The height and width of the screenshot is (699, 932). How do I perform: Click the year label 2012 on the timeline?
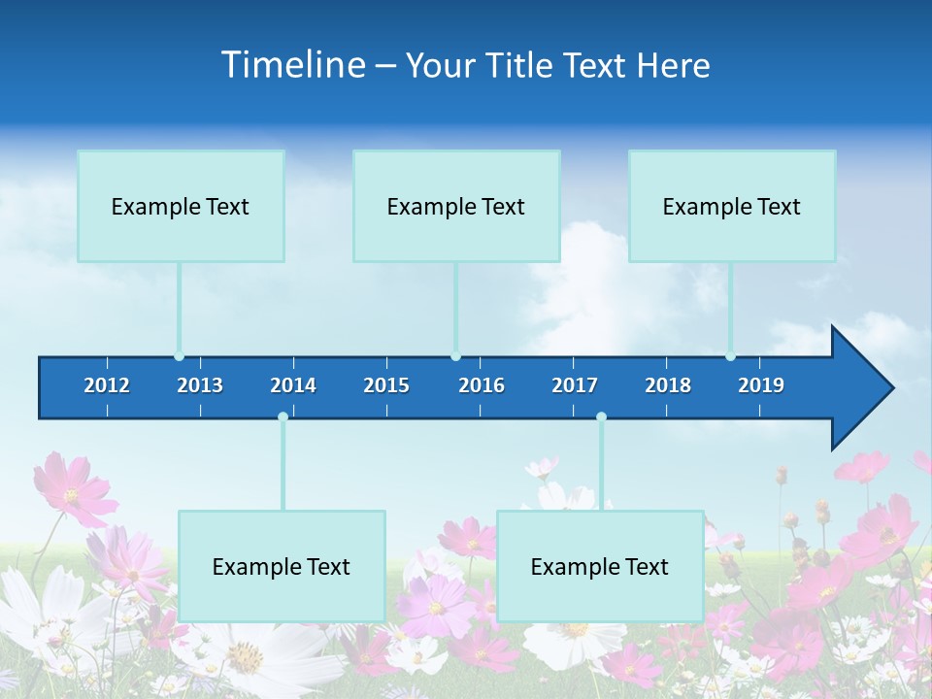107,385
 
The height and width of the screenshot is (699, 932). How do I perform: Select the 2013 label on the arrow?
200,385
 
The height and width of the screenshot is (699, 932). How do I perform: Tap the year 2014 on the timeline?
293,385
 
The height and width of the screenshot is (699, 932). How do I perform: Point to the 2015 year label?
386,385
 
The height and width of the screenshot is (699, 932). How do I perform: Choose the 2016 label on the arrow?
482,385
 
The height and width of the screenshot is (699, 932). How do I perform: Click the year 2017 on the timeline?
575,385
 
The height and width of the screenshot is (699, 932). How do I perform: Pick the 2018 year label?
668,385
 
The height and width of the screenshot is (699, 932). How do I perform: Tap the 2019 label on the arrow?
761,385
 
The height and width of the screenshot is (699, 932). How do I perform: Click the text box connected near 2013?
181,206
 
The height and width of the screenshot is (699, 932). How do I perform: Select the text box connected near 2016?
456,206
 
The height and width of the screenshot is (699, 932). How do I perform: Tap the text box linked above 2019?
732,206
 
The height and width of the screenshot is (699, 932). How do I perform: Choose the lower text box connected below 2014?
282,566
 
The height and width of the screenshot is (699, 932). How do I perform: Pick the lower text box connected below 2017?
600,566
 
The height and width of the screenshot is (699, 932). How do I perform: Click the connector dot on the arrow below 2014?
283,417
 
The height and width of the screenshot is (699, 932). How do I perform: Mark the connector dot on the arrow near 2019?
730,356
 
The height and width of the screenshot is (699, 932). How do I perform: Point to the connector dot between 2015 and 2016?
455,356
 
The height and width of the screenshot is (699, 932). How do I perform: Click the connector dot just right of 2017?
601,417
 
